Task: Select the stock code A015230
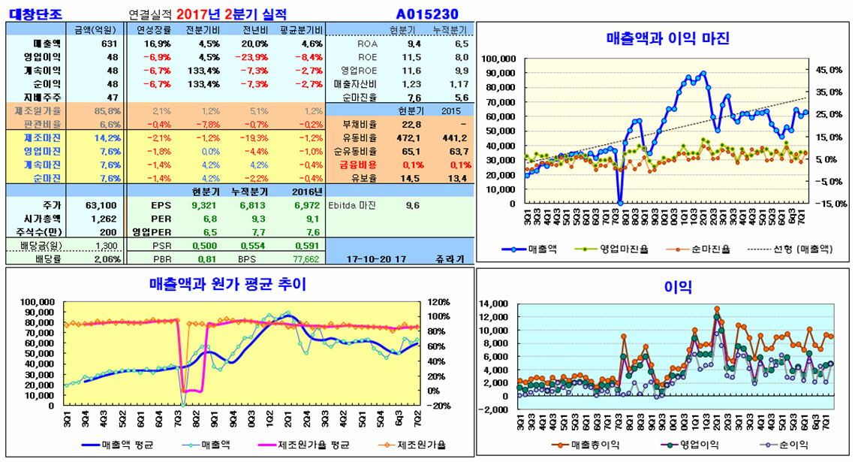tap(426, 14)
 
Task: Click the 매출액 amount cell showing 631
tap(109, 44)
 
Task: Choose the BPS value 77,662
tap(303, 259)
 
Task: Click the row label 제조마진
tap(43, 137)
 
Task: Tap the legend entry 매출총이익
tap(594, 445)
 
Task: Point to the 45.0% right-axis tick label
tap(830, 70)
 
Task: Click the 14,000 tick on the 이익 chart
tap(495, 303)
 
